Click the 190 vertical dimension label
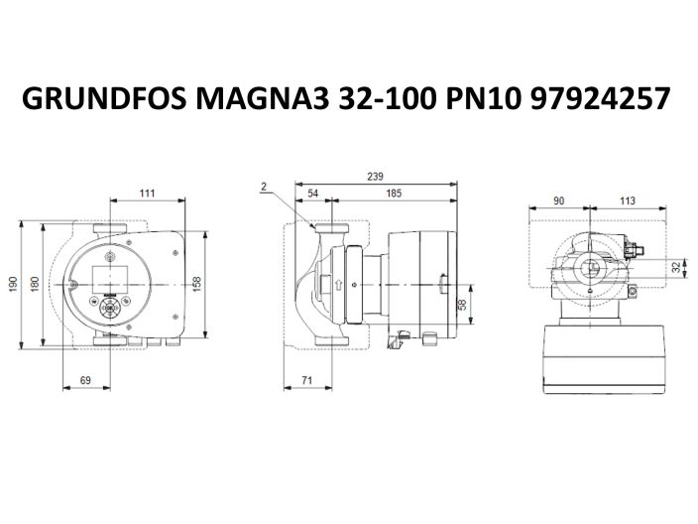(14, 284)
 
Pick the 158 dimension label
(197, 284)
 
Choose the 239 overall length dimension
(375, 176)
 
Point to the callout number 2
(265, 186)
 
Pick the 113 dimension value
(627, 201)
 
